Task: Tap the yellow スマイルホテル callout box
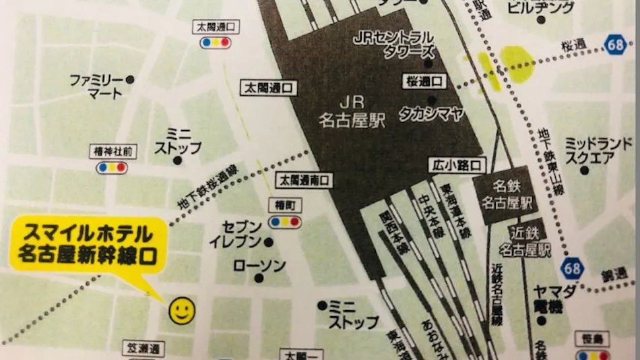click(x=88, y=245)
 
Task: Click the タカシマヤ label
click(x=431, y=113)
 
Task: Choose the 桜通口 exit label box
click(x=424, y=82)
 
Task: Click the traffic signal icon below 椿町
click(x=285, y=220)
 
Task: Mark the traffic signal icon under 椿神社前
click(x=112, y=167)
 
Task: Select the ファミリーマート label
click(x=97, y=86)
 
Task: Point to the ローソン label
click(x=259, y=266)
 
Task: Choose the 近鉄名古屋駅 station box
click(x=530, y=241)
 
